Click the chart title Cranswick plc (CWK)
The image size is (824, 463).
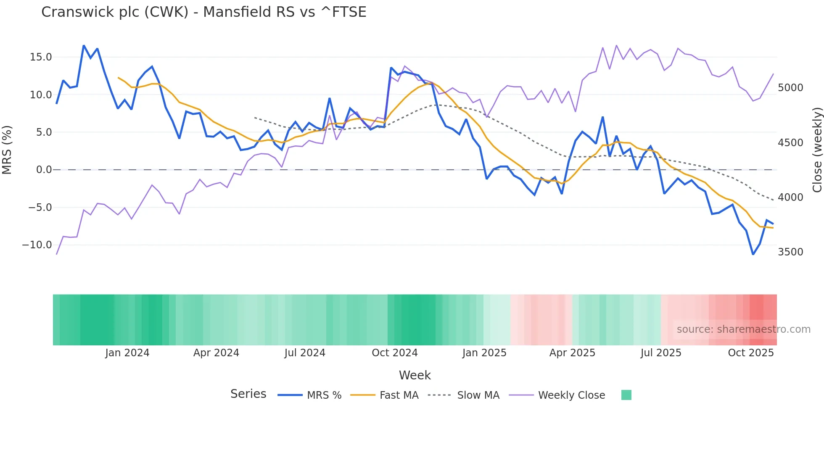[x=203, y=12]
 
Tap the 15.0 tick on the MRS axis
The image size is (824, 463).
[x=41, y=57]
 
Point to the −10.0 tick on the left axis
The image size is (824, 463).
[x=37, y=245]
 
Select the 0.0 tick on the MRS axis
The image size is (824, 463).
[x=44, y=170]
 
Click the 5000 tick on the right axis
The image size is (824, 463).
[x=790, y=88]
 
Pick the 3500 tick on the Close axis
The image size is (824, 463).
[x=790, y=252]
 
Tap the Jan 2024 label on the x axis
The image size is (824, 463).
[x=127, y=353]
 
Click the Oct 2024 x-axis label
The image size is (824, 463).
[x=394, y=353]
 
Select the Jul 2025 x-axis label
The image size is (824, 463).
[x=660, y=353]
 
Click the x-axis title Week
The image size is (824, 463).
[x=415, y=375]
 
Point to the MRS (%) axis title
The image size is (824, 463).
[x=7, y=150]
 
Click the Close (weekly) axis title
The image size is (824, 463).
[x=817, y=150]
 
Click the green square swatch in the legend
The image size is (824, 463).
[x=626, y=395]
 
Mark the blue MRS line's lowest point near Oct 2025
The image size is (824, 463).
[x=753, y=254]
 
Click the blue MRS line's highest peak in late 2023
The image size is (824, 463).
[x=84, y=45]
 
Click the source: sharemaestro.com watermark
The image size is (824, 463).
[x=743, y=329]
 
